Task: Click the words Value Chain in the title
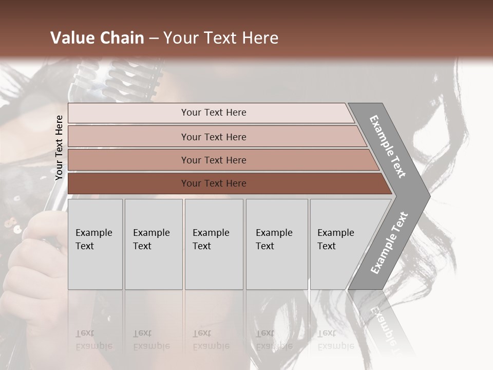pos(97,38)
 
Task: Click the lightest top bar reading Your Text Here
pos(213,113)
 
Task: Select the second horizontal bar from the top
pos(213,137)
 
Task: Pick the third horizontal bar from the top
pos(213,160)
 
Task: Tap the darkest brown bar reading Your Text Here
pos(213,183)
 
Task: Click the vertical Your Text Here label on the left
pos(59,147)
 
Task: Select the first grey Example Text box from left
pos(95,244)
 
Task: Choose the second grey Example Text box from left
pos(154,244)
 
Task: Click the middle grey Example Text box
pos(214,244)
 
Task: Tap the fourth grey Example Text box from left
pos(277,244)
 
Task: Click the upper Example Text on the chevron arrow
pos(388,146)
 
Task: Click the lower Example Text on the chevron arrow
pos(389,243)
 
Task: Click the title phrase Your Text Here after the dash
pos(221,38)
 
